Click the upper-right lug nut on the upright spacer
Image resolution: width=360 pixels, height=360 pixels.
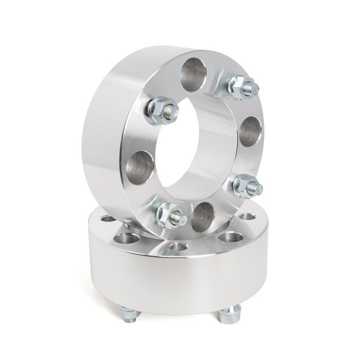[244, 88]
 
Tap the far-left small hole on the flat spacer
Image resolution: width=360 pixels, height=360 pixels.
[108, 219]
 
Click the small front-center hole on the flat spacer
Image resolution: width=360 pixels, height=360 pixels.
[178, 246]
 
